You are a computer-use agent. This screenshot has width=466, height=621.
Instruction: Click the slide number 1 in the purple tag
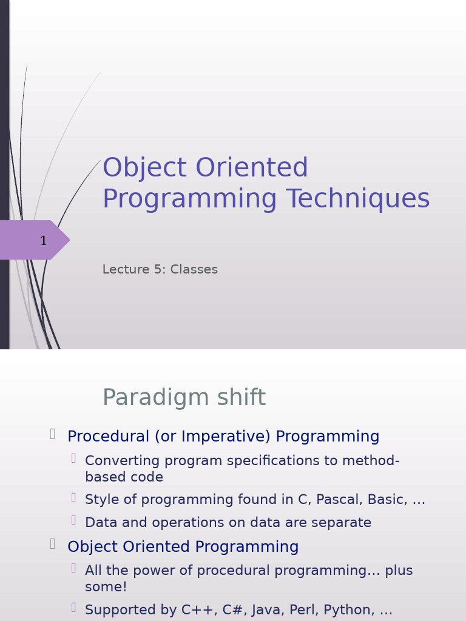[44, 240]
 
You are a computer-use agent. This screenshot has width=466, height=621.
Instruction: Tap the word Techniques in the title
[358, 198]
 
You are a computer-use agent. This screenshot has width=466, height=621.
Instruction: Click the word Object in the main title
[144, 167]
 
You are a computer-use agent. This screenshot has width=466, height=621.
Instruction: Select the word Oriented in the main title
[252, 167]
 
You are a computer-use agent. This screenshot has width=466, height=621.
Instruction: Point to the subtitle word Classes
[194, 269]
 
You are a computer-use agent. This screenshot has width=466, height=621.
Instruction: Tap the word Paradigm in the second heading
[156, 397]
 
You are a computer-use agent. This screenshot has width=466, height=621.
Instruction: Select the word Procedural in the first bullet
[109, 436]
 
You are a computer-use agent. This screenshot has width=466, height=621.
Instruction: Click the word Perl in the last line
[304, 609]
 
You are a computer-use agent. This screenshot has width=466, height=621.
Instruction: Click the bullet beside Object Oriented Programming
[53, 544]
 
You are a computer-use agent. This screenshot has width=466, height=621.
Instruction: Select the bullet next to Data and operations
[73, 520]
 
